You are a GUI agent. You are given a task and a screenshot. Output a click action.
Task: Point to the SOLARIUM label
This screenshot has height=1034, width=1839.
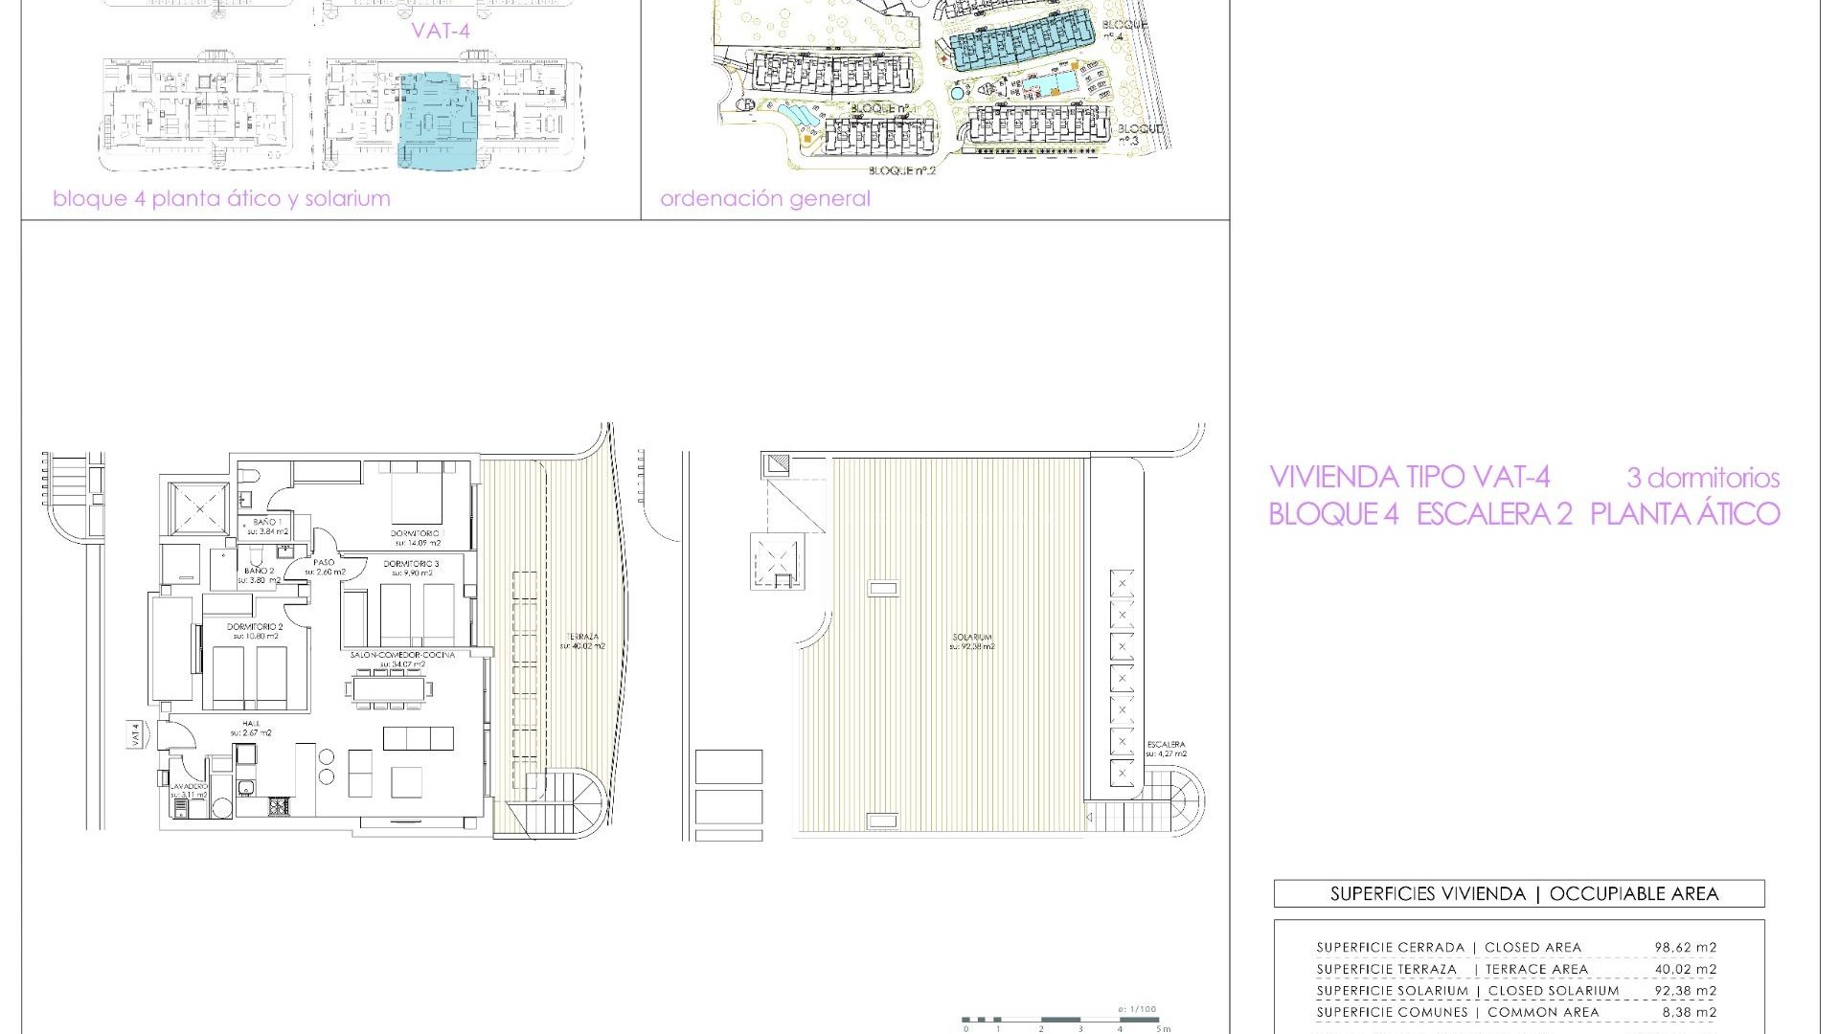tap(971, 637)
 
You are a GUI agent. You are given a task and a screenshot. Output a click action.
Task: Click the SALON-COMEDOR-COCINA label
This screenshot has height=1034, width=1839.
tap(401, 655)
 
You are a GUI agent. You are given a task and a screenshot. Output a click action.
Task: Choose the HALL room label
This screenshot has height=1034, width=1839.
tap(251, 724)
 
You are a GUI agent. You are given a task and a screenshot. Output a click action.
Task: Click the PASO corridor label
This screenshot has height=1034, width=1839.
tap(324, 563)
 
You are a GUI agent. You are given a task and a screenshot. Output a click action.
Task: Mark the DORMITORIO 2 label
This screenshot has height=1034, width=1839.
tap(253, 627)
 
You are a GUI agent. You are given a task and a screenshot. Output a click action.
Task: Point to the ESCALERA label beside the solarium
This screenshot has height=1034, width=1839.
tap(1165, 745)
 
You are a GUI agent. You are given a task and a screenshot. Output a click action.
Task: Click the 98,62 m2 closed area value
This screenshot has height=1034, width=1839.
tap(1686, 948)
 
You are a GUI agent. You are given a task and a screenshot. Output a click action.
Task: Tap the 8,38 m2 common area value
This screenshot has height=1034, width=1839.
tap(1686, 1012)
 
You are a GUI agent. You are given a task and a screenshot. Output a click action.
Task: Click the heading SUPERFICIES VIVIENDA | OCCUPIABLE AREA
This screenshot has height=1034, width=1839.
tap(1518, 894)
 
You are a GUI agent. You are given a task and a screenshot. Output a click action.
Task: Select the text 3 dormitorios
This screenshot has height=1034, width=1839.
tap(1702, 478)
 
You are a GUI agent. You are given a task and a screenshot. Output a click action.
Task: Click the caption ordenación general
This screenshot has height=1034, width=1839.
tap(764, 199)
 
